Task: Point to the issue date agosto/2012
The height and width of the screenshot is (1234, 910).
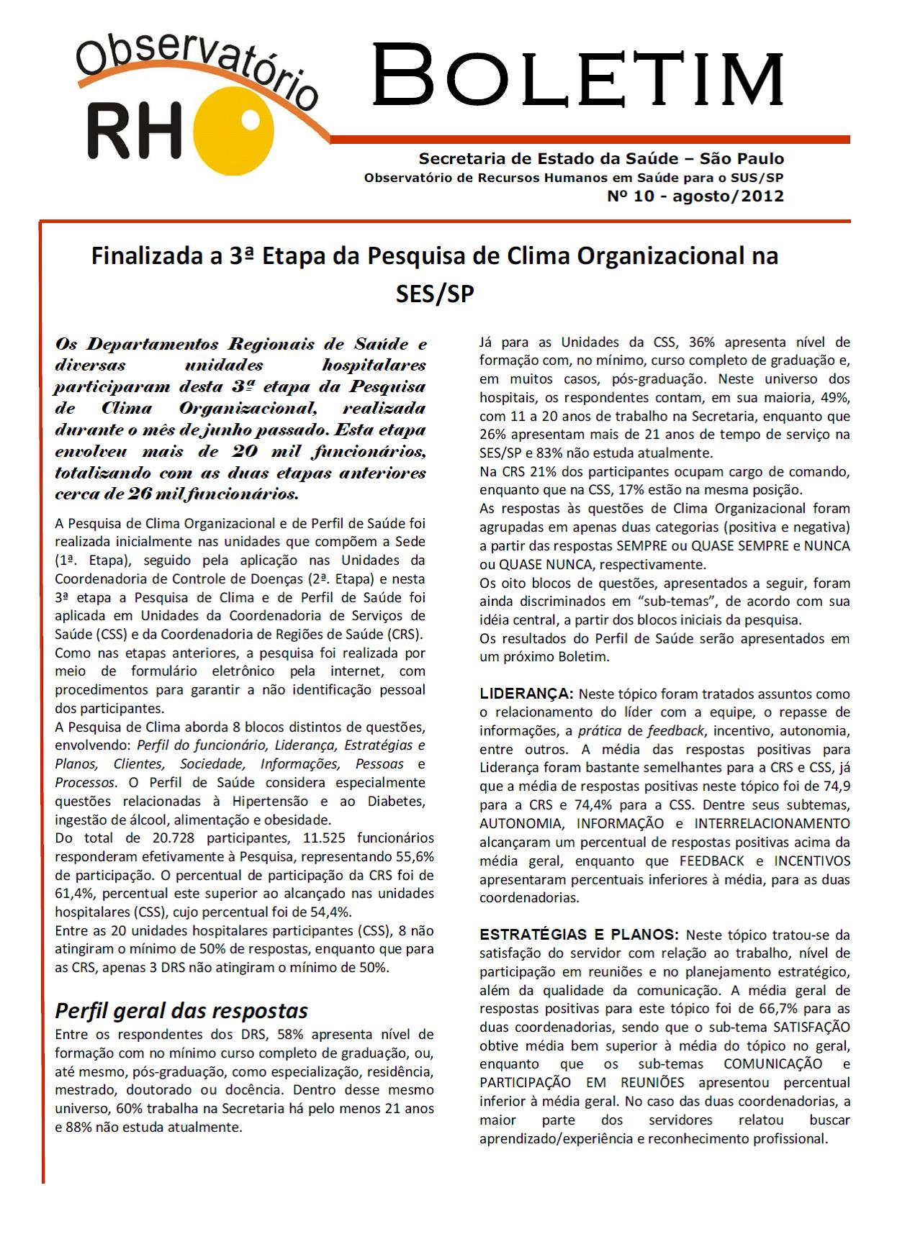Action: point(728,196)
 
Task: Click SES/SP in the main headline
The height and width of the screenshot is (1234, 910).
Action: point(435,293)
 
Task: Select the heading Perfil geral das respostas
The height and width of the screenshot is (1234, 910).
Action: point(181,1010)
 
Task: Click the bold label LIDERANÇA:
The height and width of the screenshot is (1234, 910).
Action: point(526,694)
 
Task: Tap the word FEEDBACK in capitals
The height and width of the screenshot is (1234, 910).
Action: point(711,861)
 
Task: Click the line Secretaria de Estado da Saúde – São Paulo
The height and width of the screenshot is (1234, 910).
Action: point(601,158)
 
